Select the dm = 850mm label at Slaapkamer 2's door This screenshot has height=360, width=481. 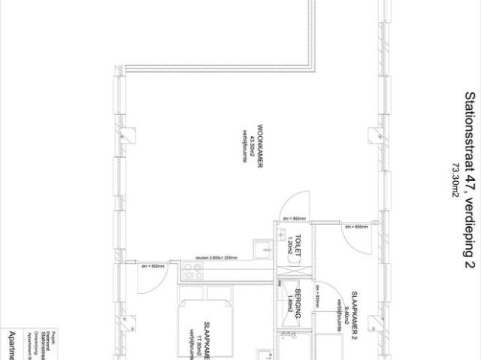click(x=355, y=226)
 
